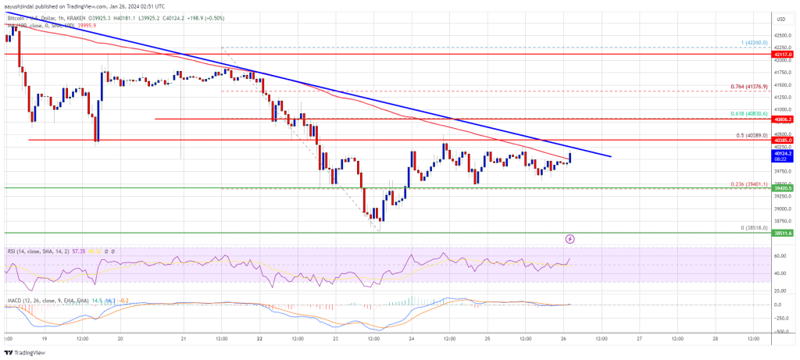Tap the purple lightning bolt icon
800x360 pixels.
point(570,238)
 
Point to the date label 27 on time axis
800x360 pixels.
point(638,338)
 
